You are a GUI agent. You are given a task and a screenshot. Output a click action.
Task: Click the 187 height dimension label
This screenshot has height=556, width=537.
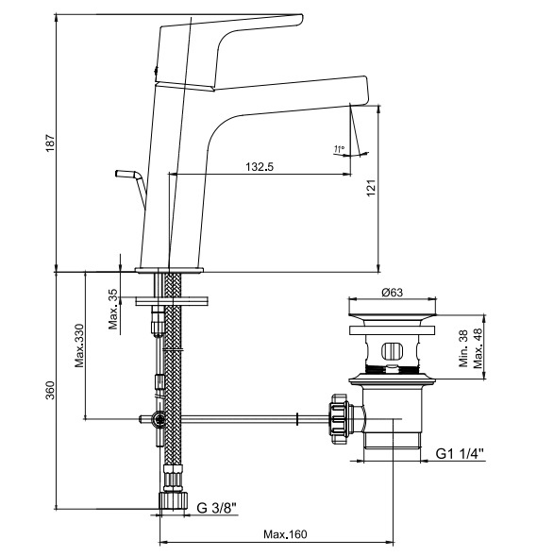[50, 143]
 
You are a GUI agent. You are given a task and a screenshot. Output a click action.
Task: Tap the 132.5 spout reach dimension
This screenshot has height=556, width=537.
[260, 167]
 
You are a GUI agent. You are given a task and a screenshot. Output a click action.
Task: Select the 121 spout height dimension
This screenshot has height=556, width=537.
[371, 188]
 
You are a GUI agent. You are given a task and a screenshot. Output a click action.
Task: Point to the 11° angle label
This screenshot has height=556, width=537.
[339, 149]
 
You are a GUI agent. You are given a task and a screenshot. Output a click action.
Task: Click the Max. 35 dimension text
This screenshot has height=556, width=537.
[113, 310]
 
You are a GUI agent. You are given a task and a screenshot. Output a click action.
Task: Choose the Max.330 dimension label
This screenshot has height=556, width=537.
[79, 345]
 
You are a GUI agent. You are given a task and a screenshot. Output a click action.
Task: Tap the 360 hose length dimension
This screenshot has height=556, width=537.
[50, 390]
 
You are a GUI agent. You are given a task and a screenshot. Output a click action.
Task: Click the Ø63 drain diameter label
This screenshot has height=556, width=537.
[392, 293]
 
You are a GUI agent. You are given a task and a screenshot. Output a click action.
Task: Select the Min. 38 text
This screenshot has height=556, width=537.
[463, 348]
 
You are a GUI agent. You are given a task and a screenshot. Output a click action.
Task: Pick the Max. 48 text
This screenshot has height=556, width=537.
[478, 348]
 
